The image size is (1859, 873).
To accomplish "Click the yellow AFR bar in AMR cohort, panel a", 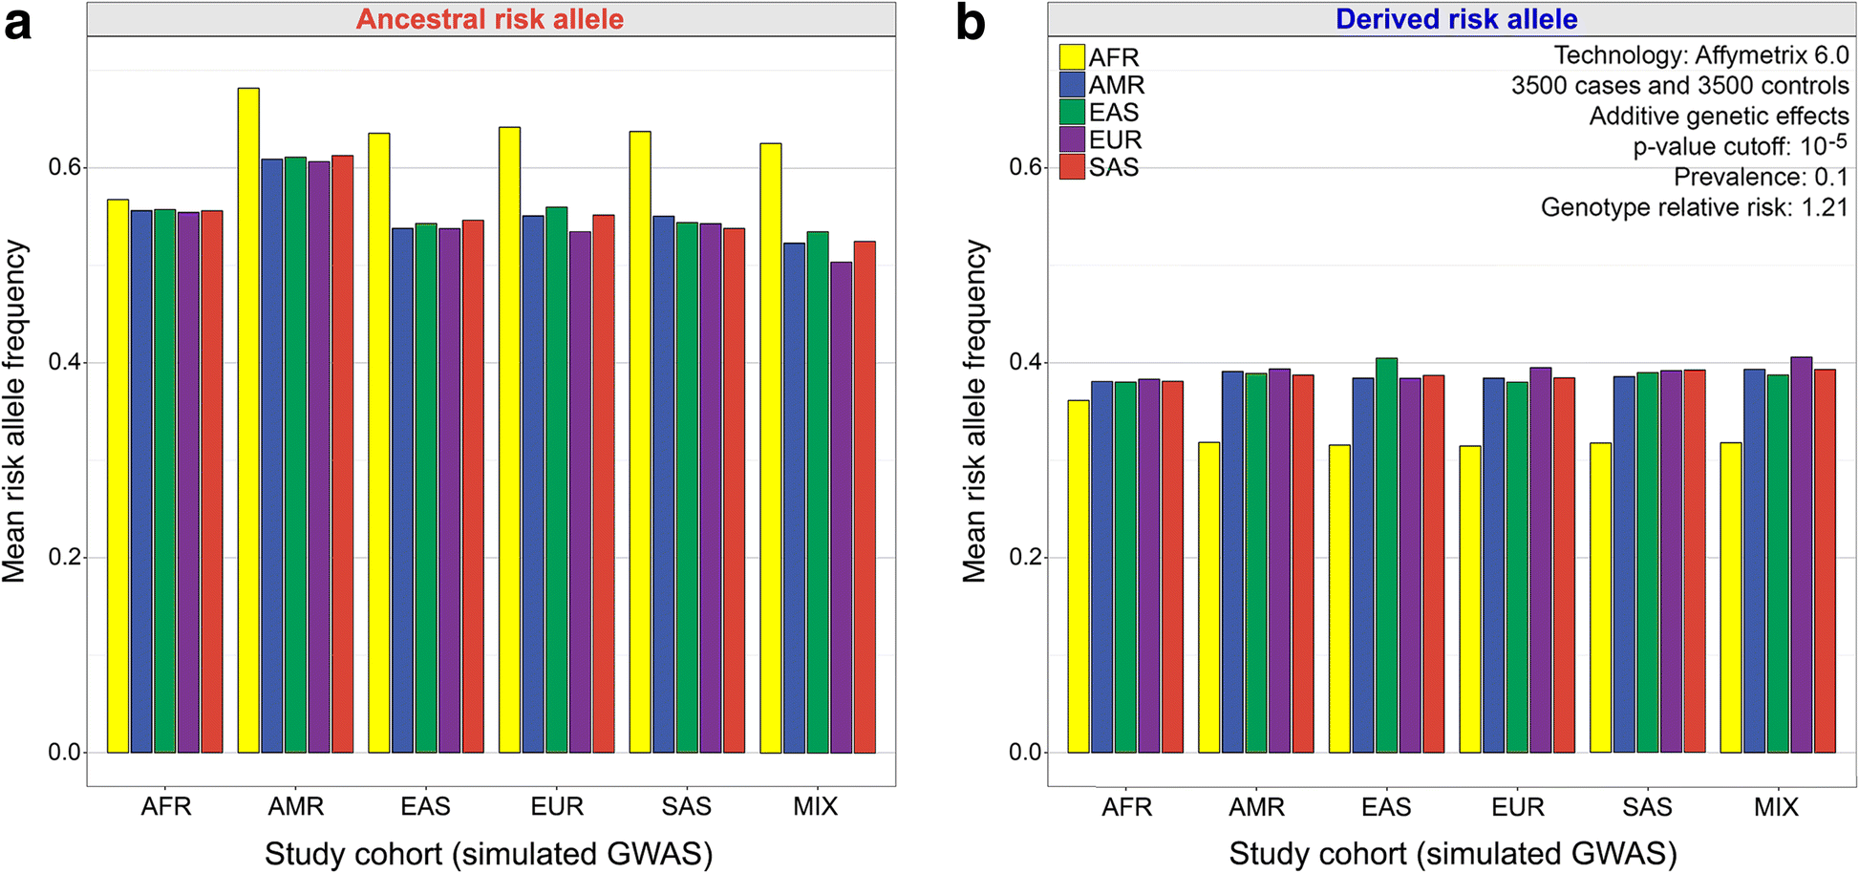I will point(248,420).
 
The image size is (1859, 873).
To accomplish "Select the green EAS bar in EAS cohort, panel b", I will point(1386,555).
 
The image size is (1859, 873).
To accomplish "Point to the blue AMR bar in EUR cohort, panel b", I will point(1493,564).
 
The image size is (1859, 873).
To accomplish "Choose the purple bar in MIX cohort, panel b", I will point(1801,555).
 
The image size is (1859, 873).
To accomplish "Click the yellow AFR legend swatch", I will point(1072,57).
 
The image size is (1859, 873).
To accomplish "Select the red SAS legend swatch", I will point(1072,167).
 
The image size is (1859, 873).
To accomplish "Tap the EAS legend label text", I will point(1114,113).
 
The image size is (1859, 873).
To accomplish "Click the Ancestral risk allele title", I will point(490,19).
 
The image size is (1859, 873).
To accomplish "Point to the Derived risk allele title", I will point(1456,19).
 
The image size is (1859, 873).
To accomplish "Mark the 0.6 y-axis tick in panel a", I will point(64,167).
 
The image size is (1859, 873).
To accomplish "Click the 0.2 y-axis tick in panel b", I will point(1025,557).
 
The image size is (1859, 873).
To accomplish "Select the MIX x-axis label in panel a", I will point(815,807).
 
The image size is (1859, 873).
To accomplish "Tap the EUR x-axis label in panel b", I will point(1517,808).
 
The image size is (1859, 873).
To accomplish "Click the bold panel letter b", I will point(970,23).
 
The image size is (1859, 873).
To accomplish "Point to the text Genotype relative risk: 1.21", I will point(1694,207).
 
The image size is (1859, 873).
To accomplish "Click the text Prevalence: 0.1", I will point(1761,177).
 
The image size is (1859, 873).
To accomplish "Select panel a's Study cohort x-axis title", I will point(489,853).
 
